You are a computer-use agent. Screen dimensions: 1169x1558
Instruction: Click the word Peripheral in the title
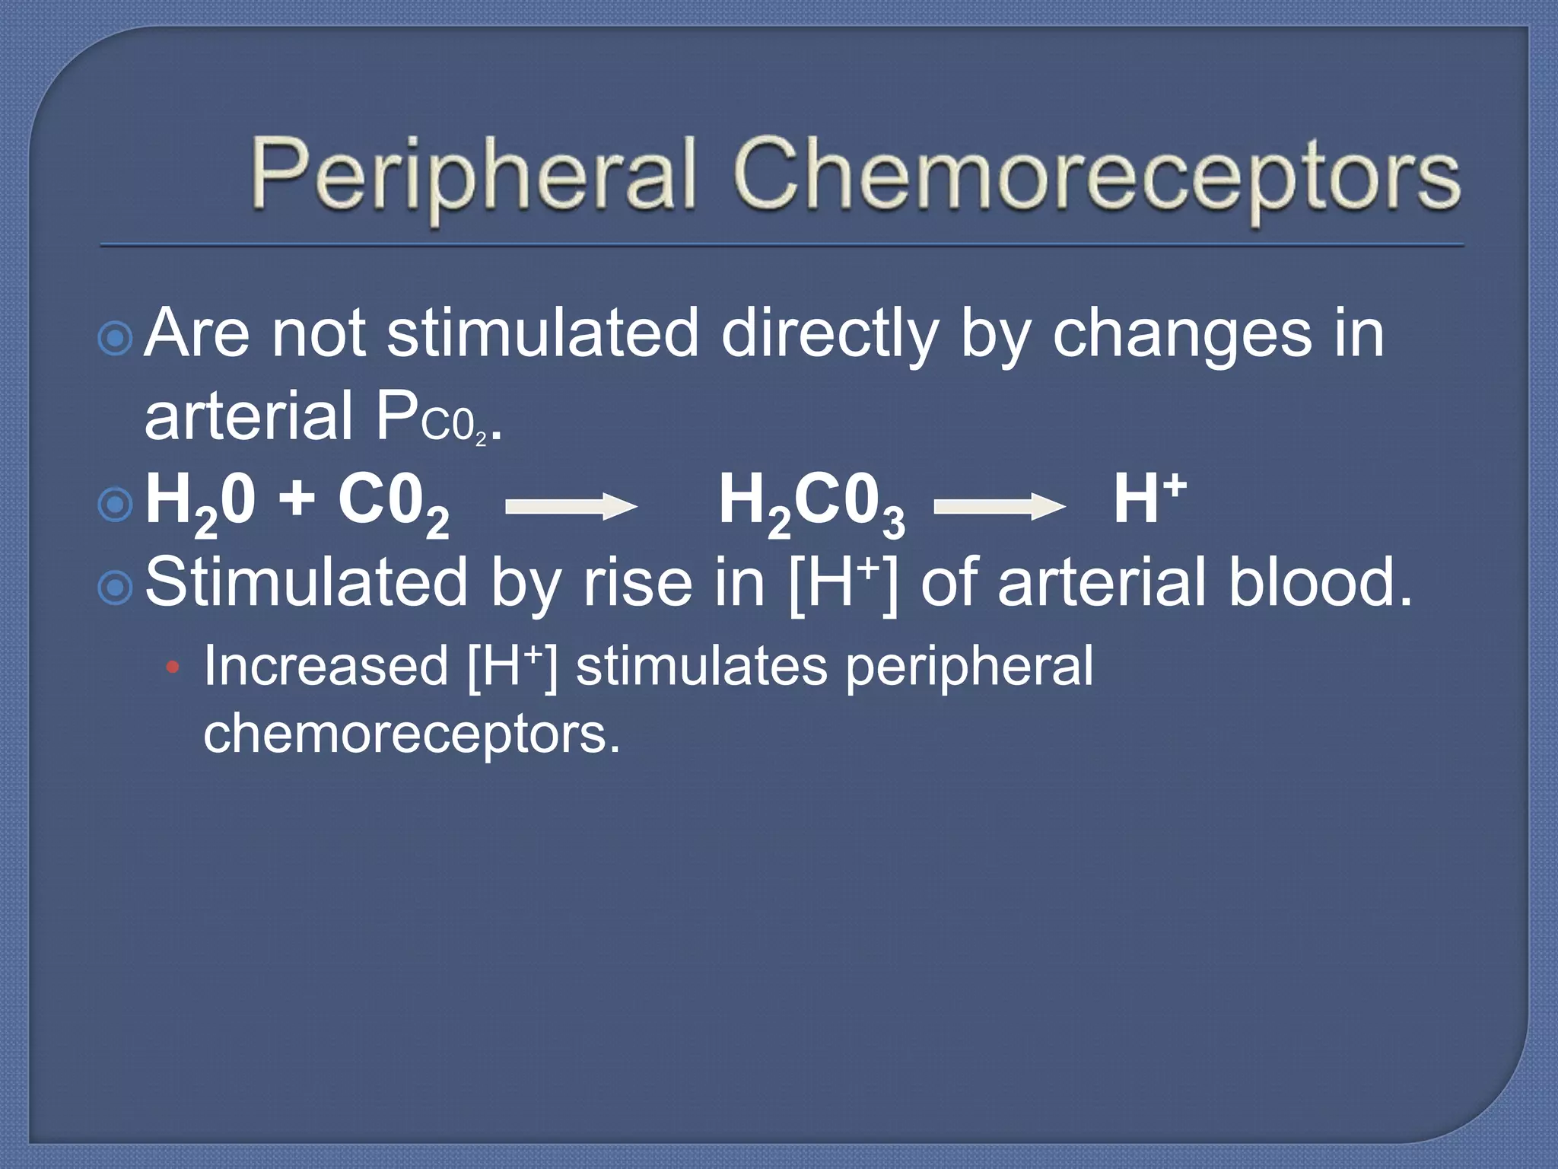(x=473, y=175)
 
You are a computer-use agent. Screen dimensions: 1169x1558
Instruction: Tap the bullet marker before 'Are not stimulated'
(x=116, y=338)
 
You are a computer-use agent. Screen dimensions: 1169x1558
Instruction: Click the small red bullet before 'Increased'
(x=173, y=668)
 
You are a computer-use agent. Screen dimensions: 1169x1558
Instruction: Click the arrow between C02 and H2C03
(x=571, y=506)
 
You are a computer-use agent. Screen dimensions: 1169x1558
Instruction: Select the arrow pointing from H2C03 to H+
(x=999, y=506)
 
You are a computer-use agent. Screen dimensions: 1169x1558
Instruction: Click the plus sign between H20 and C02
(x=297, y=500)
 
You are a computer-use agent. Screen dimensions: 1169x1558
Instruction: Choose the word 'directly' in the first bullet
(x=829, y=335)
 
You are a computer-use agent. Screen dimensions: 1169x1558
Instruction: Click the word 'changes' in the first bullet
(x=1182, y=335)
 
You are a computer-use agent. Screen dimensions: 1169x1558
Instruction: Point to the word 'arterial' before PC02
(x=249, y=416)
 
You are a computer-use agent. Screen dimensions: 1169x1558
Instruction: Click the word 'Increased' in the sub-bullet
(x=326, y=666)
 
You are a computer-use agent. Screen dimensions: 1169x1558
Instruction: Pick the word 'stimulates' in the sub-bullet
(x=700, y=666)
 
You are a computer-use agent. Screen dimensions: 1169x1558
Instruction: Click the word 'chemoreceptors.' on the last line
(x=412, y=734)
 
